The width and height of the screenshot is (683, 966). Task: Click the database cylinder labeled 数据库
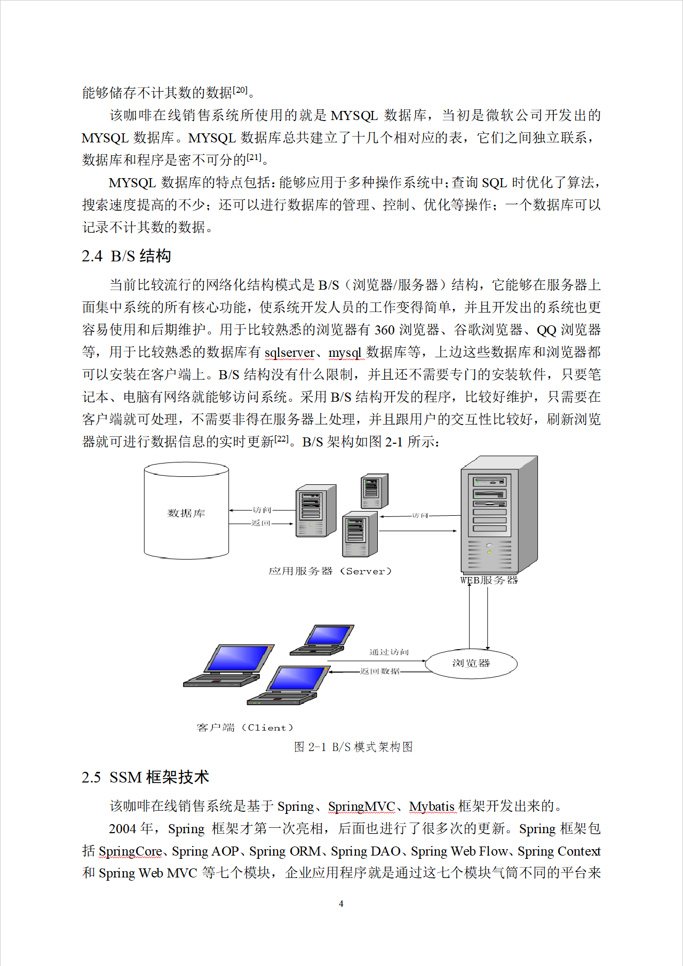[186, 512]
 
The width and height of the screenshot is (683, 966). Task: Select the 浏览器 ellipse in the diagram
[471, 664]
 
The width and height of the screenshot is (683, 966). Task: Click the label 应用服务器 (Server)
[330, 571]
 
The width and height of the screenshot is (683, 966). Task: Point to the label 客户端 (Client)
[244, 728]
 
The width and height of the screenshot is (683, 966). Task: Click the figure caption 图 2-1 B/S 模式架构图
[353, 747]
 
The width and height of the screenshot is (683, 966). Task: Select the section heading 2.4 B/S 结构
[126, 256]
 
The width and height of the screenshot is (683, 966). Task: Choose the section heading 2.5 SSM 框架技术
[145, 777]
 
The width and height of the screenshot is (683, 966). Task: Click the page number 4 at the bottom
[341, 904]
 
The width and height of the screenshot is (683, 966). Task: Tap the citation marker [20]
[240, 90]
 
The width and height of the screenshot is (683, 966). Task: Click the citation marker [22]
[281, 439]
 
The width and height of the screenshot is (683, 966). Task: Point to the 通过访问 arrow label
[389, 652]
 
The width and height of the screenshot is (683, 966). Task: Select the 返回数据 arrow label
[379, 671]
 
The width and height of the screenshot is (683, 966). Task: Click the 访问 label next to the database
[262, 510]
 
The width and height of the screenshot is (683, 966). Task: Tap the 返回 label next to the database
[261, 523]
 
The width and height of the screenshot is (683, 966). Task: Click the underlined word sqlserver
[290, 353]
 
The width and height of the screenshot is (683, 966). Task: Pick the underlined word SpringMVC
[361, 806]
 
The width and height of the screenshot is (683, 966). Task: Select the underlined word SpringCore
[130, 851]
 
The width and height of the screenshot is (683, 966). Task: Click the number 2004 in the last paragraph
[123, 828]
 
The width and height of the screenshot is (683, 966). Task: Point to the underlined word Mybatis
[432, 806]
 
